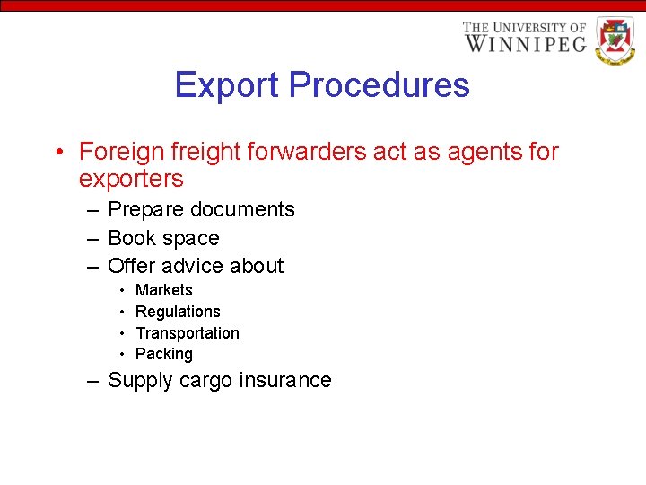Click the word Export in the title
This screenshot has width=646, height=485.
pyautogui.click(x=228, y=86)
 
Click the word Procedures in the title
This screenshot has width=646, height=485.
pyautogui.click(x=380, y=86)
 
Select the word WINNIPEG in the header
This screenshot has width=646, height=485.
pyautogui.click(x=525, y=43)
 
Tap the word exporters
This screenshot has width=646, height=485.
pyautogui.click(x=131, y=179)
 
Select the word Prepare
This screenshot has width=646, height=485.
pyautogui.click(x=150, y=210)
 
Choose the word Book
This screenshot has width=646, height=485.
pyautogui.click(x=130, y=238)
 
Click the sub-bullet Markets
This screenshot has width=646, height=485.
pyautogui.click(x=163, y=290)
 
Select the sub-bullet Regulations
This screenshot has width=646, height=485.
pyautogui.click(x=178, y=312)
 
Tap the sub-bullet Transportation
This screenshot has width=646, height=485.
pyautogui.click(x=188, y=333)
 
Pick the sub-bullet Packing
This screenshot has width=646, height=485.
pyautogui.click(x=163, y=354)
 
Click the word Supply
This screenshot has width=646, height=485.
pyautogui.click(x=140, y=381)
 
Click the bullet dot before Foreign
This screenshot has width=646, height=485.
pyautogui.click(x=57, y=153)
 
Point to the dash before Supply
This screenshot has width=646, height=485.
pyautogui.click(x=92, y=381)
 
